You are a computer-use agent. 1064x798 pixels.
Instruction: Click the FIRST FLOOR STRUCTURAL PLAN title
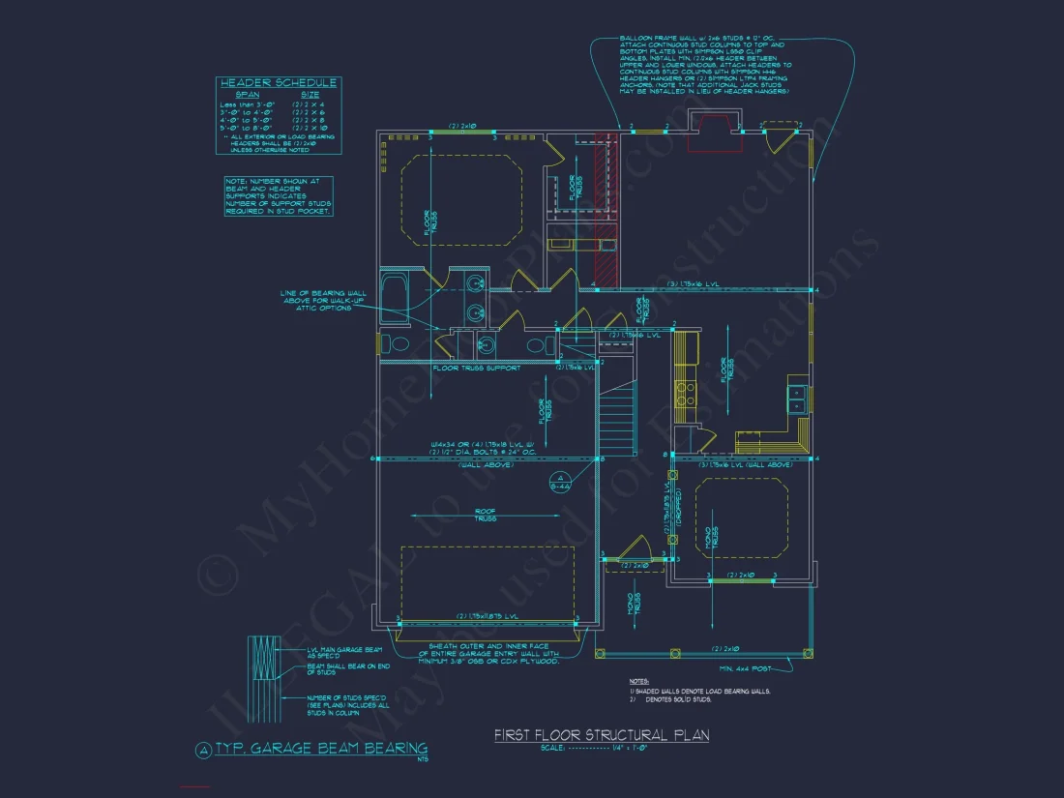[601, 735]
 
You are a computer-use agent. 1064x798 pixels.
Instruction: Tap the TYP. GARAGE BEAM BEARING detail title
[320, 748]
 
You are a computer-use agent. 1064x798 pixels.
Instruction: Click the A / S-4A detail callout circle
[558, 481]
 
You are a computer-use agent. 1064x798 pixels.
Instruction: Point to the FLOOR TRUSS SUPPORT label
[476, 368]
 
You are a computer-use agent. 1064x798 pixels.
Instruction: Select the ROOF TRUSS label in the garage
[485, 515]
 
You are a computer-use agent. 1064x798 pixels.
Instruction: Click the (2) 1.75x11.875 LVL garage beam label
[486, 616]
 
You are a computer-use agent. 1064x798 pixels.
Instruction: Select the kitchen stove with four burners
[686, 393]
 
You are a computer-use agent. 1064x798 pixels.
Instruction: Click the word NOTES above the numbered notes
[639, 681]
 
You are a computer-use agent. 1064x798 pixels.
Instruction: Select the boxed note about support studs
[279, 196]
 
